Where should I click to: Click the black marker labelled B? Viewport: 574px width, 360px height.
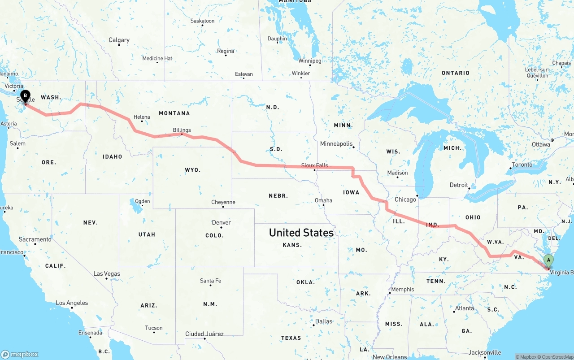click(26, 95)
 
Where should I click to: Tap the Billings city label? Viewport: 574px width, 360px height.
click(182, 130)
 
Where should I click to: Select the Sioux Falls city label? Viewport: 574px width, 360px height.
click(314, 165)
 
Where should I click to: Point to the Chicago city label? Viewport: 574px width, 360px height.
click(405, 200)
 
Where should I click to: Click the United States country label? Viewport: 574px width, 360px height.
click(301, 233)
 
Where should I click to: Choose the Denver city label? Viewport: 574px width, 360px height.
click(222, 222)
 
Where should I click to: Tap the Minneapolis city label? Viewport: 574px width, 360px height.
click(336, 143)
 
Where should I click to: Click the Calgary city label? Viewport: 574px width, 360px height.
click(119, 40)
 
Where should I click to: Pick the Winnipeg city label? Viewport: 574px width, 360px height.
click(310, 61)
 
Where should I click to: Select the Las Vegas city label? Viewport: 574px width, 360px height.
click(107, 273)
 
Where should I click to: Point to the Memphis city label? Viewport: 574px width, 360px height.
click(403, 289)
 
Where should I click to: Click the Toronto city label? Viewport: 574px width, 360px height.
click(522, 165)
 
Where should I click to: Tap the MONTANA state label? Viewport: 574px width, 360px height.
click(174, 113)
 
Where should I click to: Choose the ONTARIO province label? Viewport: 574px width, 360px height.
click(456, 73)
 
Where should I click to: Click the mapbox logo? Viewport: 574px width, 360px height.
click(20, 354)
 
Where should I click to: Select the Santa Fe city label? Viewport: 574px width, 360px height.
click(210, 281)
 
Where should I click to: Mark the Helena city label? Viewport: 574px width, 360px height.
click(142, 117)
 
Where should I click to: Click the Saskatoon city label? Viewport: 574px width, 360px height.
click(202, 21)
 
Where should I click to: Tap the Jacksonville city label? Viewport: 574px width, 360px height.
click(485, 352)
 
